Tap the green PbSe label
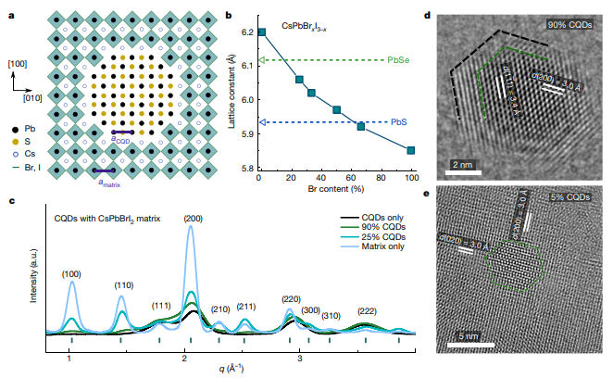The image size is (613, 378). click(400, 60)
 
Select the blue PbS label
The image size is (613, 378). click(398, 121)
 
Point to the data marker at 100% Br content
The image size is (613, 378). click(411, 150)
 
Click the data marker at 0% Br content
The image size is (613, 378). click(262, 32)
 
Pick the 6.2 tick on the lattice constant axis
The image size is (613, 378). click(245, 32)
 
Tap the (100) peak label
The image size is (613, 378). click(71, 274)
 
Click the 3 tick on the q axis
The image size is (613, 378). click(300, 357)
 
